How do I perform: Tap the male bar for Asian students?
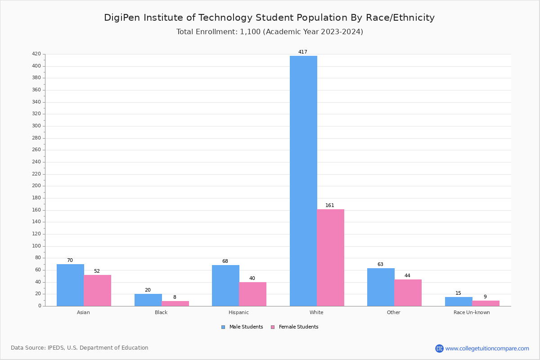[x=70, y=285]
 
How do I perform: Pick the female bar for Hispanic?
[x=252, y=294]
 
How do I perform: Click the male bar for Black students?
[x=148, y=300]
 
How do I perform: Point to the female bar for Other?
[x=408, y=292]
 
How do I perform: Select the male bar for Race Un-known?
[x=459, y=301]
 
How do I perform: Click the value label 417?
[x=303, y=52]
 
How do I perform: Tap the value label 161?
[x=330, y=206]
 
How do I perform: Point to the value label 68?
[x=225, y=261]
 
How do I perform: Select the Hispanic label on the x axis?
[x=238, y=312]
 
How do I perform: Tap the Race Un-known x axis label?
[x=472, y=312]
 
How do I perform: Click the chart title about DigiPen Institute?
[x=269, y=18]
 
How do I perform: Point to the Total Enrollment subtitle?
[x=269, y=32]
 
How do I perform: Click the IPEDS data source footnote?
[x=80, y=348]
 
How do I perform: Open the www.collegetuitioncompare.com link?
[x=487, y=348]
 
